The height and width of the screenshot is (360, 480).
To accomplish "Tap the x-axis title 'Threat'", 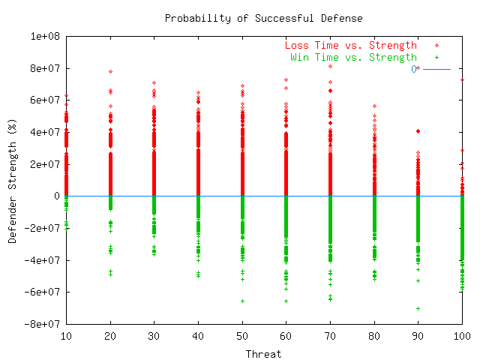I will pos(264,353).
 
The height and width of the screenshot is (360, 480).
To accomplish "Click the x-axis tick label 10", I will pos(66,337).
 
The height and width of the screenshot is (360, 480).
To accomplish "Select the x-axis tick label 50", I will pos(242,337).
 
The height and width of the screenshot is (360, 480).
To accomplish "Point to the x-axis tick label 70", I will pos(330,337).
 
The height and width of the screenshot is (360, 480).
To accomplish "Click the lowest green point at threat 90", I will pos(418,308).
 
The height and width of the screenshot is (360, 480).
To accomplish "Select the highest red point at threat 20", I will pos(110,72).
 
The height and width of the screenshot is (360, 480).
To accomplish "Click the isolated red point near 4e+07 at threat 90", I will pos(418,131).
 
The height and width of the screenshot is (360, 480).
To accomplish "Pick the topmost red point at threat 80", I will pos(374,106).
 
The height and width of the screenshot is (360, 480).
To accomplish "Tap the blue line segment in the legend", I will pos(436,68).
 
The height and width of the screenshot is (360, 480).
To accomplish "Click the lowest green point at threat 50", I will pos(242,301).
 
